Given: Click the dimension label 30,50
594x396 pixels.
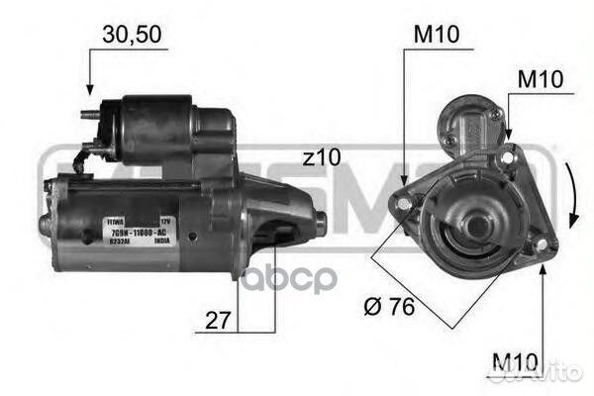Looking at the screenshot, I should coord(131,35).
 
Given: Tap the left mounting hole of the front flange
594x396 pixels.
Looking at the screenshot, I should coord(403,203).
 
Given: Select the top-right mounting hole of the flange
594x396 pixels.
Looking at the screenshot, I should coord(507,156).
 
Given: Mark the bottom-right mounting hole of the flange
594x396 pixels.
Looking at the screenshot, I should coord(540,244).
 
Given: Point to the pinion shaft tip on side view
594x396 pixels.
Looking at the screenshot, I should coord(319,217).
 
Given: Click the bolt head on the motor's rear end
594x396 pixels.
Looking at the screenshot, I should coord(44,225).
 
